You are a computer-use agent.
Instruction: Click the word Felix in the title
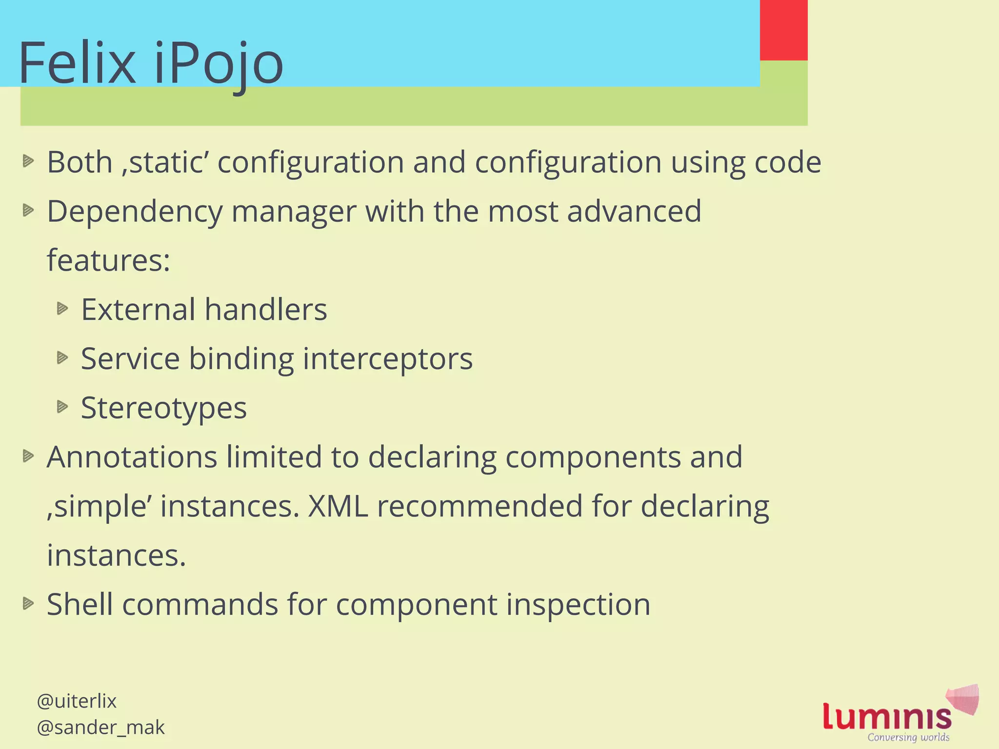pyautogui.click(x=77, y=63)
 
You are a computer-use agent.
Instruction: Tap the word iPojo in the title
pyautogui.click(x=218, y=64)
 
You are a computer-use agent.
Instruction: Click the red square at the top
pyautogui.click(x=783, y=30)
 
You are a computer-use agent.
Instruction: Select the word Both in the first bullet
pyautogui.click(x=80, y=162)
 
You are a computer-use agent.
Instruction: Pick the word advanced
pyautogui.click(x=634, y=211)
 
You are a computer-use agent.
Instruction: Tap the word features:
pyautogui.click(x=108, y=260)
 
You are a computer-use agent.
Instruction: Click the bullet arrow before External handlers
pyautogui.click(x=62, y=309)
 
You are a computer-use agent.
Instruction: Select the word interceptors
pyautogui.click(x=388, y=359)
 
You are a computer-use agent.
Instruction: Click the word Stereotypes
pyautogui.click(x=164, y=408)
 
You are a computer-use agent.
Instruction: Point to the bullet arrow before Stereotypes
pyautogui.click(x=62, y=407)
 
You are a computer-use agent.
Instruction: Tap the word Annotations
pyautogui.click(x=132, y=457)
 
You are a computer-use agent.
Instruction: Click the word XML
pyautogui.click(x=338, y=506)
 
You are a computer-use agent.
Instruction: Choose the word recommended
pyautogui.click(x=480, y=506)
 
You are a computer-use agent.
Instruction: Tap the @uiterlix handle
pyautogui.click(x=77, y=701)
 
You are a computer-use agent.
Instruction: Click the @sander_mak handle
pyautogui.click(x=100, y=728)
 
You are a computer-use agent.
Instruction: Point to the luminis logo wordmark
pyautogui.click(x=887, y=717)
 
